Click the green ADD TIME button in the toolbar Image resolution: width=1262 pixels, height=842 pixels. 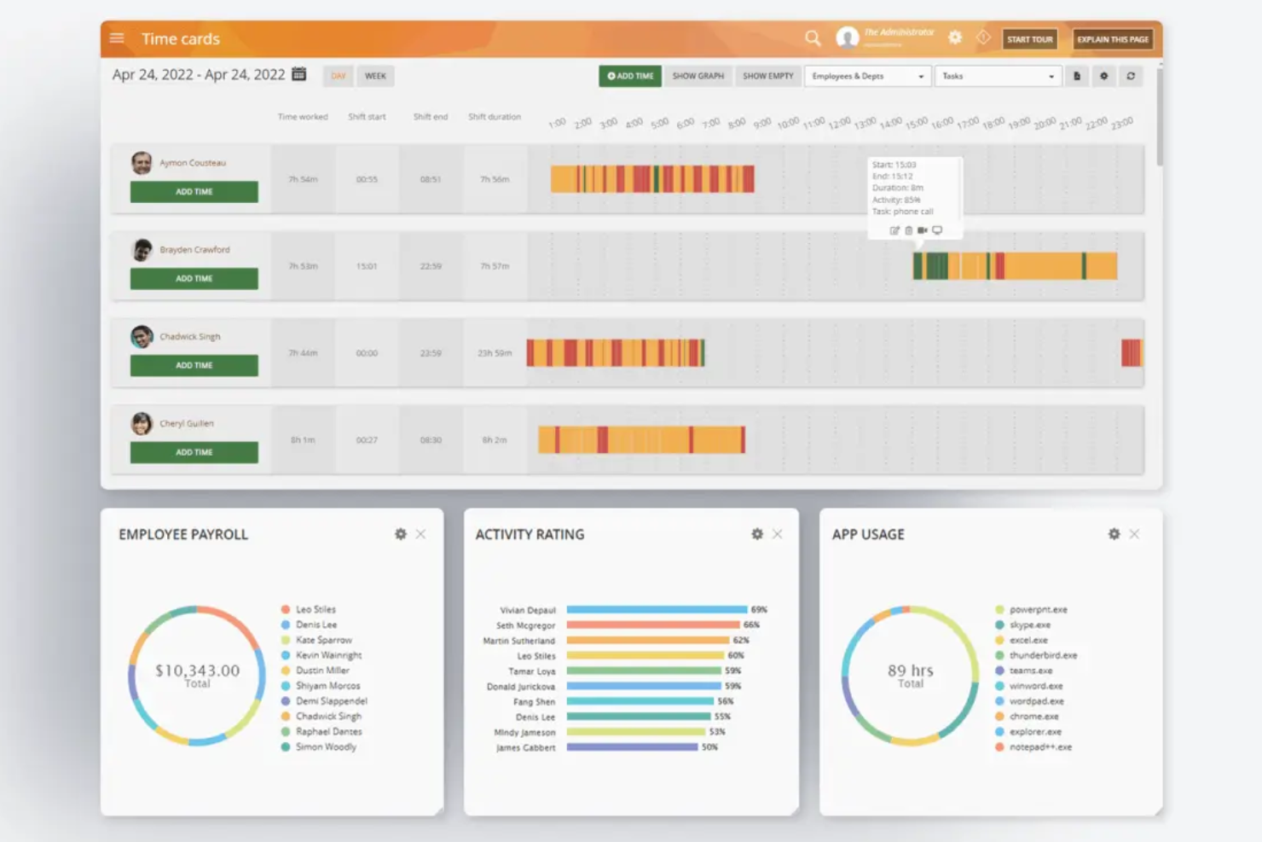(x=630, y=76)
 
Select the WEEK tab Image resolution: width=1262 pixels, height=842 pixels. (x=375, y=76)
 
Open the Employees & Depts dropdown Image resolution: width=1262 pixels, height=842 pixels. (x=867, y=76)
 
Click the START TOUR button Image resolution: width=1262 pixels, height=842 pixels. (x=1029, y=39)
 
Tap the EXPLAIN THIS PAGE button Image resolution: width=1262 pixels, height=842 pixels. (x=1112, y=39)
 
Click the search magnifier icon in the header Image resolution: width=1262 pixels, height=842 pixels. (x=813, y=38)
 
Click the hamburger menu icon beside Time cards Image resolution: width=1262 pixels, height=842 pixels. (x=117, y=38)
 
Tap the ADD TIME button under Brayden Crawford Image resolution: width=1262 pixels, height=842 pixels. (x=194, y=279)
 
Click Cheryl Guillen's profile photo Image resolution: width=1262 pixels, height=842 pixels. (x=142, y=423)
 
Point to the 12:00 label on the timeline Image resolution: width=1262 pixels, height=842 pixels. (x=839, y=123)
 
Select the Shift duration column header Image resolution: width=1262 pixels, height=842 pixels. (x=494, y=117)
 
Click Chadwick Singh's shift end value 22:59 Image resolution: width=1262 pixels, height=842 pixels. (x=431, y=353)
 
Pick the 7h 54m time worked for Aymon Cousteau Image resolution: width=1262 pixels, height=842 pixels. (x=303, y=179)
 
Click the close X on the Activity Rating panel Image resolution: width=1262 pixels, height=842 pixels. (x=777, y=534)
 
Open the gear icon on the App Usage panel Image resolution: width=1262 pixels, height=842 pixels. (x=1114, y=534)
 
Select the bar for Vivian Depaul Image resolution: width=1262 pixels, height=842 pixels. (x=657, y=610)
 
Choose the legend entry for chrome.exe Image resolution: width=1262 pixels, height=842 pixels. (x=1033, y=717)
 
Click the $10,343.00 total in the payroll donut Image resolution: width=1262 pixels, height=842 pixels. (x=197, y=671)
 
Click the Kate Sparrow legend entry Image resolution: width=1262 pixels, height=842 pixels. (x=323, y=640)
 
